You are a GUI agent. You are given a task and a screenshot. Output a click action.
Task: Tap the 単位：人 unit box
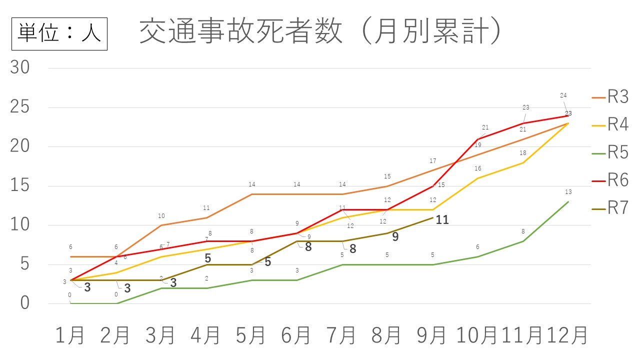pos(59,33)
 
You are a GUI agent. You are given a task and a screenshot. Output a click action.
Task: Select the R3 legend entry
pos(618,97)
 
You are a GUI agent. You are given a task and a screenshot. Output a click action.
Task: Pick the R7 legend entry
pos(618,208)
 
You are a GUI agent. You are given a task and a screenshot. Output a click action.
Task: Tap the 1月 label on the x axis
pos(70,335)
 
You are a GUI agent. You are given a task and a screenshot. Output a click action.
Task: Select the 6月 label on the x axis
pos(296,335)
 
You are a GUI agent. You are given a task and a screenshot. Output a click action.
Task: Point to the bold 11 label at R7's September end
pos(442,219)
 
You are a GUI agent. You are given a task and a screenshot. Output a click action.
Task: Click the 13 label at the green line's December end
pos(568,192)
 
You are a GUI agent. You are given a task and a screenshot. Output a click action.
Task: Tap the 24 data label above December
pos(563,95)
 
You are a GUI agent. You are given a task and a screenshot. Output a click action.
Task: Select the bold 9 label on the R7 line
pos(395,237)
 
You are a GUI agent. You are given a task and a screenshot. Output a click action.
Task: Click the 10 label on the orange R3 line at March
pos(161,216)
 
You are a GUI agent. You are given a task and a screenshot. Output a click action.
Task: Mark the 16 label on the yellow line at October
pos(478,169)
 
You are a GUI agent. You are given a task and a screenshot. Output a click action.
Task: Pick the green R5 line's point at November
pos(523,241)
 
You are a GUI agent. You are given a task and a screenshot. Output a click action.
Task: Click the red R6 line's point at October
pos(478,139)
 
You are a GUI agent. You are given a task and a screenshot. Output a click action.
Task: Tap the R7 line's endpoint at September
pos(432,217)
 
